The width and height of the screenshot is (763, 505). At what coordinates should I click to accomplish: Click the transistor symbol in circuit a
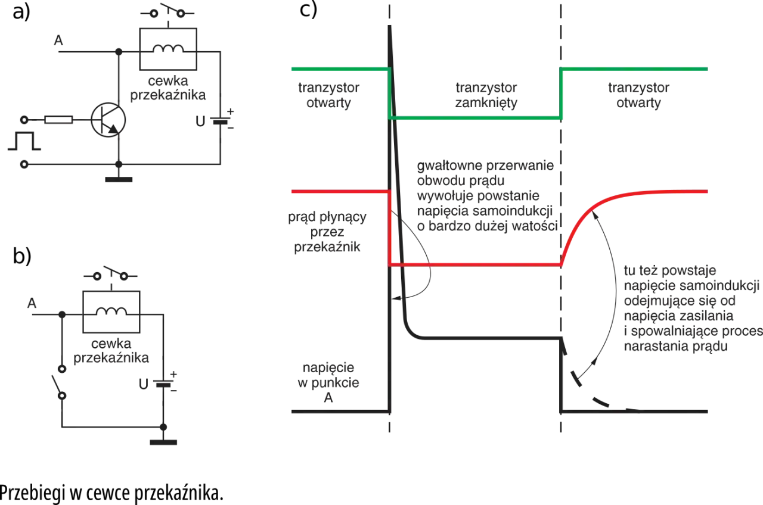coord(108,120)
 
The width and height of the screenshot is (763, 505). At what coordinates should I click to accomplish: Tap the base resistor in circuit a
coord(58,120)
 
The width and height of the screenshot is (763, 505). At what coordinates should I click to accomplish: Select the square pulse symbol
coord(24,141)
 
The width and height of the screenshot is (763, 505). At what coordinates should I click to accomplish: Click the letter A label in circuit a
coord(58,40)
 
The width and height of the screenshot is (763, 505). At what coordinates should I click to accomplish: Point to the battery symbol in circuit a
coord(220,120)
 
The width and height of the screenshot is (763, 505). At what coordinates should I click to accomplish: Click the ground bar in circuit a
coord(119,179)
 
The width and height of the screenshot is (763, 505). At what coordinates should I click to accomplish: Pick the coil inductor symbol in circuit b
coord(111,311)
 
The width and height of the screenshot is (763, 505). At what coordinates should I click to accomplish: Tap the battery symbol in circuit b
coord(163,383)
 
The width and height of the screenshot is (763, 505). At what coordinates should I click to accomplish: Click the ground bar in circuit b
coord(163,442)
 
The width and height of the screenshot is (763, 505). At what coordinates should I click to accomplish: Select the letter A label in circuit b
coord(32,303)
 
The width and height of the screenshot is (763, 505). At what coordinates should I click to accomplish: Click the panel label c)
coord(308,10)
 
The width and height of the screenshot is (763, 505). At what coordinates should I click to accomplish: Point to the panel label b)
coord(22,255)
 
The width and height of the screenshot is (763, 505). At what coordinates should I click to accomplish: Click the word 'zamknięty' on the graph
coord(486,103)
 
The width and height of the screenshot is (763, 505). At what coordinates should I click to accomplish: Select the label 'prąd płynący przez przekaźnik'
coord(327,232)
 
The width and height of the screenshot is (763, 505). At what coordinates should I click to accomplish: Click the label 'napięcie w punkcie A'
coord(328,382)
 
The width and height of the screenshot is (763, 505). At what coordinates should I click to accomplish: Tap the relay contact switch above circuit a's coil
coord(168,11)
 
